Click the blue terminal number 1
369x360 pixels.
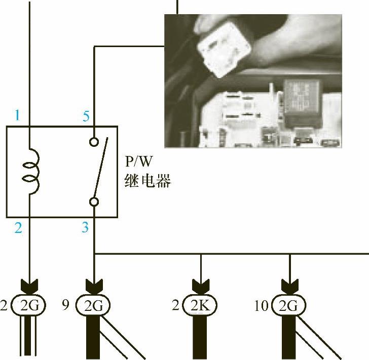pyautogui.click(x=17, y=115)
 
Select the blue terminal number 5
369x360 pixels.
pyautogui.click(x=86, y=116)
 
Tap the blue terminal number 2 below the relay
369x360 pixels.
pyautogui.click(x=18, y=228)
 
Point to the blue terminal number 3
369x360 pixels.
pyautogui.click(x=85, y=228)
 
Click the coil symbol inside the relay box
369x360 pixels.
pyautogui.click(x=29, y=172)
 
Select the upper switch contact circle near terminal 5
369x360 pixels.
pyautogui.click(x=94, y=141)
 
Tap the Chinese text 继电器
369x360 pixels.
pyautogui.click(x=147, y=180)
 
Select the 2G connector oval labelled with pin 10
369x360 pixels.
pyautogui.click(x=289, y=305)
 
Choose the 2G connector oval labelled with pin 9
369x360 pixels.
pyautogui.click(x=94, y=305)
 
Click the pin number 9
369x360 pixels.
pyautogui.click(x=65, y=305)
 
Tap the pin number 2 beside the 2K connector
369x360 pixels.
pyautogui.click(x=175, y=305)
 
